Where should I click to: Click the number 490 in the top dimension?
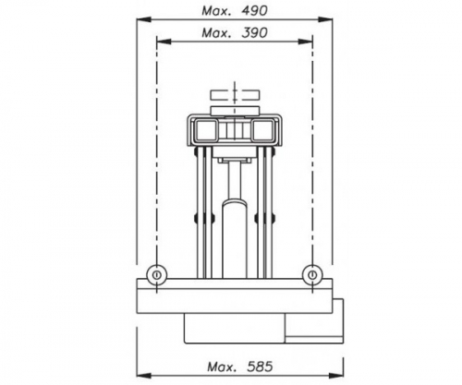(x=255, y=11)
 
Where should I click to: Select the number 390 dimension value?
(x=254, y=33)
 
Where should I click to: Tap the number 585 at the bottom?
(x=260, y=367)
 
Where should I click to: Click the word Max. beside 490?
(x=216, y=11)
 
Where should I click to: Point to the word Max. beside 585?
(x=222, y=367)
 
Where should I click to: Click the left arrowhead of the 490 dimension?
(x=144, y=19)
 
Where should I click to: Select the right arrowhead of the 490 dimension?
(x=325, y=19)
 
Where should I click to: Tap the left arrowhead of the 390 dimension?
(x=164, y=42)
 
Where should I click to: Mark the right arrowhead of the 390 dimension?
(x=306, y=42)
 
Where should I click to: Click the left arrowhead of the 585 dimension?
(x=144, y=376)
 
